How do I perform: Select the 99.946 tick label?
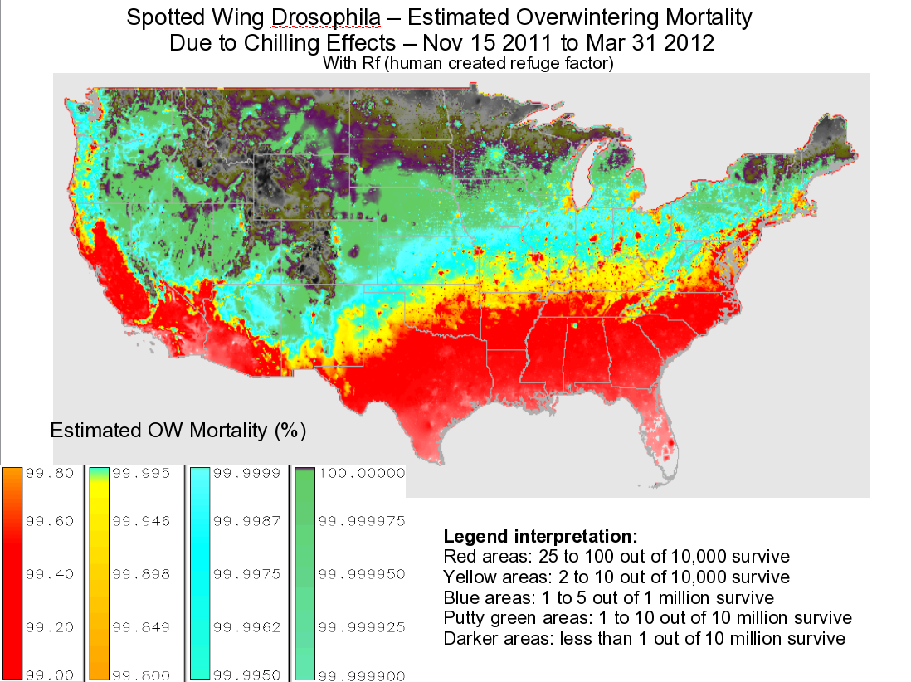(x=140, y=521)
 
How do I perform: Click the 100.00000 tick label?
(x=362, y=473)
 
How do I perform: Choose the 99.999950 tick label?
(x=362, y=574)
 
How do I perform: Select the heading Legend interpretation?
(x=540, y=536)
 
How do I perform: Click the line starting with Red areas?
(x=616, y=556)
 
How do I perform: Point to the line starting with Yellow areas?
(x=616, y=577)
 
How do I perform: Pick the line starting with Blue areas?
(x=609, y=597)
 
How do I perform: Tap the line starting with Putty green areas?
(x=647, y=618)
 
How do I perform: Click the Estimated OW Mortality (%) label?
(x=178, y=431)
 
